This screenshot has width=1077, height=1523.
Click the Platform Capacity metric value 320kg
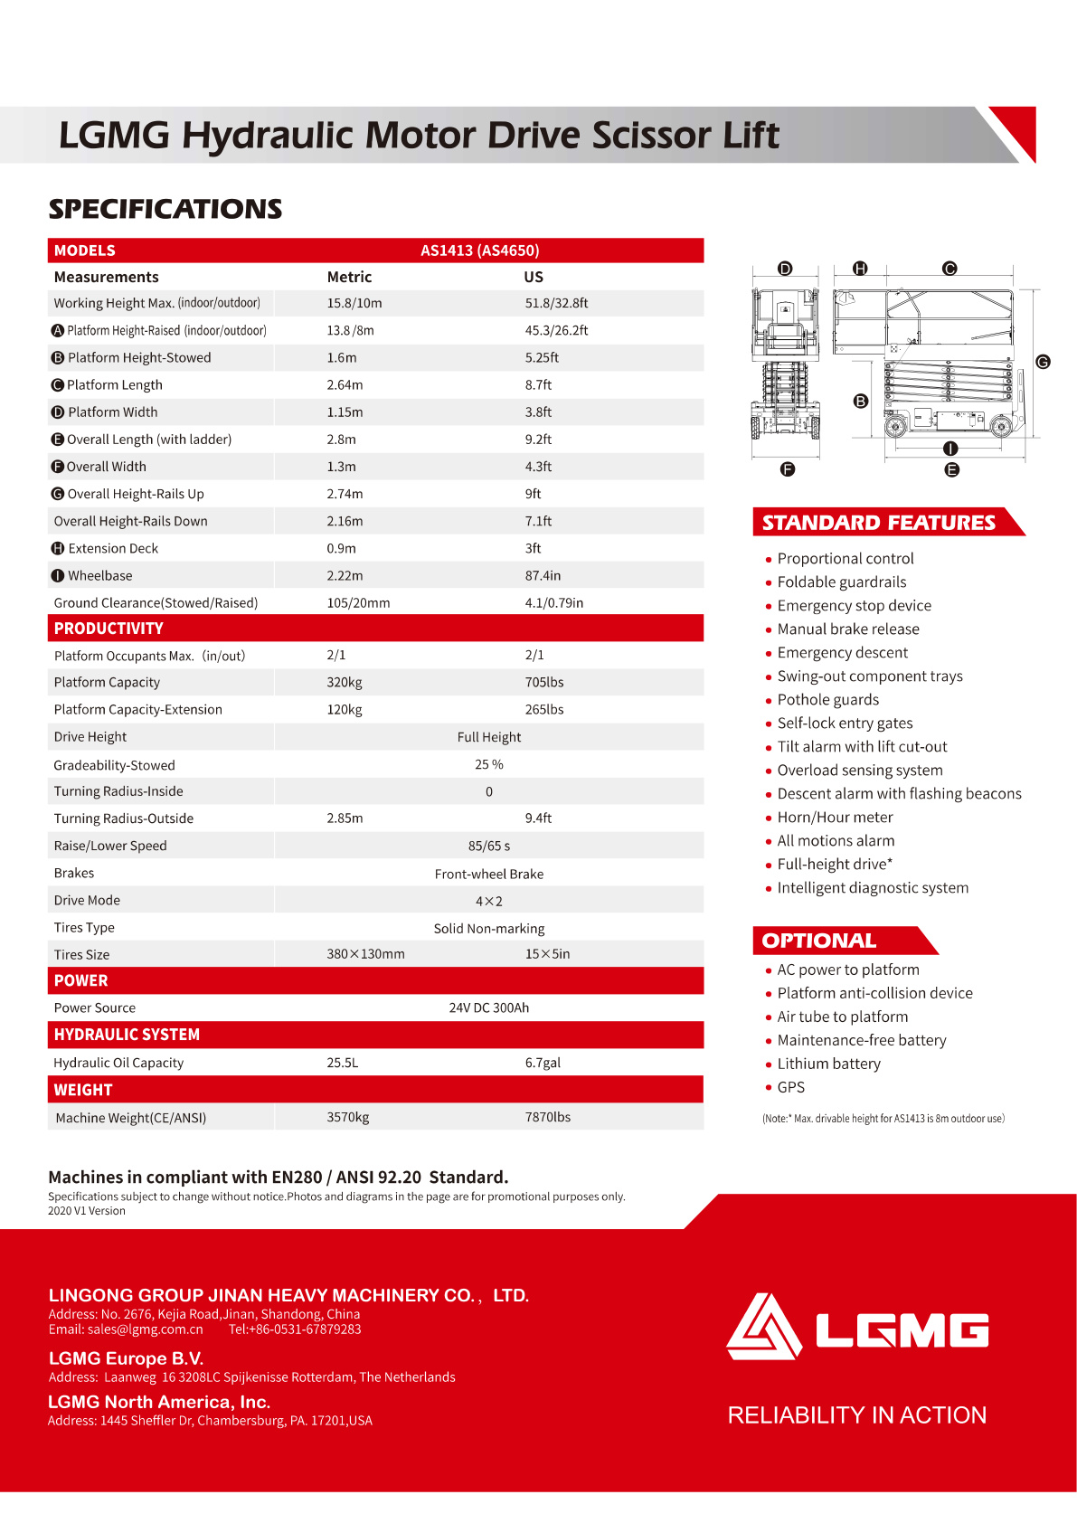tap(345, 683)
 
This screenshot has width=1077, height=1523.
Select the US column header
tap(534, 277)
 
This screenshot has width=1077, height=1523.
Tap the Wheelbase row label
tap(99, 576)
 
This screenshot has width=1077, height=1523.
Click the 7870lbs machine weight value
tap(547, 1117)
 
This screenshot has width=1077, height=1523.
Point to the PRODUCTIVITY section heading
tap(109, 629)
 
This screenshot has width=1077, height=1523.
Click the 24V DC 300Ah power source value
tap(488, 1007)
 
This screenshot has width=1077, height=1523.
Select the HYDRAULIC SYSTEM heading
tap(127, 1035)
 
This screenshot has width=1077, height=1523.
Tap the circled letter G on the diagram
tap(1043, 362)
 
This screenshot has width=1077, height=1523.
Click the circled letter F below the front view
tap(788, 469)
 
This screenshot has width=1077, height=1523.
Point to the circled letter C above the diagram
tap(949, 269)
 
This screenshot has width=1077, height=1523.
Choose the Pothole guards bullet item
tap(827, 700)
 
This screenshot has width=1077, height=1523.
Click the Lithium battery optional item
tap(828, 1064)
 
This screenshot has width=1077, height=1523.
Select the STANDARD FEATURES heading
tap(878, 523)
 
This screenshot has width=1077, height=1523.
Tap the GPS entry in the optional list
tap(790, 1088)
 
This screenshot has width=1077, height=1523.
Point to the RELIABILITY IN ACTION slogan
tap(856, 1415)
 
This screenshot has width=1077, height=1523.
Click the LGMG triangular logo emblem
tap(764, 1327)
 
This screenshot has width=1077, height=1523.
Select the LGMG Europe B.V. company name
tap(126, 1358)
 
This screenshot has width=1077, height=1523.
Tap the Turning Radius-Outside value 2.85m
tap(345, 818)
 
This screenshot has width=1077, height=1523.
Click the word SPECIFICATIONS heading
tap(165, 209)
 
